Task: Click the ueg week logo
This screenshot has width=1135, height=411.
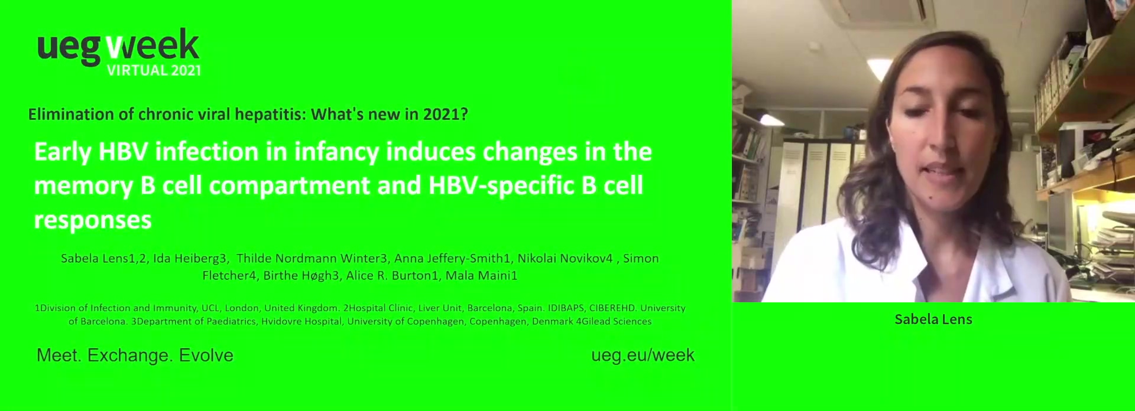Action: pos(118,52)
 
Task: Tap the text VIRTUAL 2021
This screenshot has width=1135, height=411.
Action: pos(154,70)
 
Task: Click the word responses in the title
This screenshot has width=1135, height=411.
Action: pos(93,220)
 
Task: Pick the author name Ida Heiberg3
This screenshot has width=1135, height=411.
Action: pos(190,258)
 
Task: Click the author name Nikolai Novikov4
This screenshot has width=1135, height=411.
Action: pos(565,258)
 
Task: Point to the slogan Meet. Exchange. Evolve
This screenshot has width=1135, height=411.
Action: pos(135,355)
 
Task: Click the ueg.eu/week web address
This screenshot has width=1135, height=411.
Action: pos(643,355)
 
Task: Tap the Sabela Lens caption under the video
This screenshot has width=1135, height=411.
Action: pos(933,319)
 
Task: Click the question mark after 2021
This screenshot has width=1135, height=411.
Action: pos(464,114)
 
